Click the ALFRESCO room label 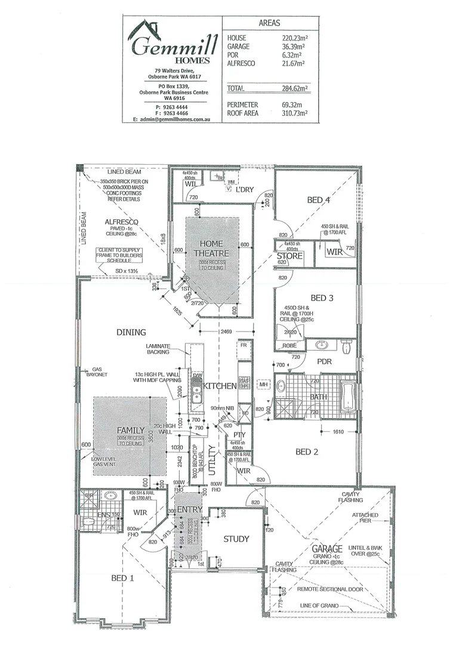pos(122,221)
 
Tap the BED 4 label pos(318,200)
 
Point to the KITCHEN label pos(220,386)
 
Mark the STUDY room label pos(236,539)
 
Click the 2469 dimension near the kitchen pos(225,331)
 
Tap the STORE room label pos(289,257)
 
